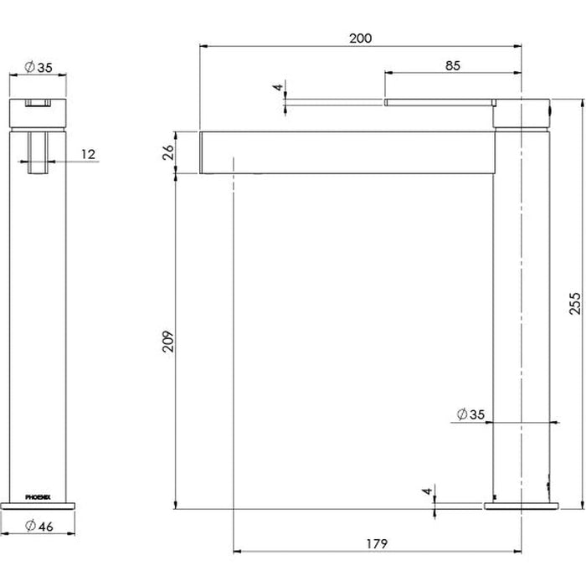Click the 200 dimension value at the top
point(360,39)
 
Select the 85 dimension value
point(452,66)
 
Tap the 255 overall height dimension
point(575,303)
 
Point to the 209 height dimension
point(167,342)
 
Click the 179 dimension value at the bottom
point(377,544)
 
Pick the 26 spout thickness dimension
point(167,152)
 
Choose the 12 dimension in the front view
point(88,154)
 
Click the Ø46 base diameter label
point(39,527)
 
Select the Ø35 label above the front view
point(39,67)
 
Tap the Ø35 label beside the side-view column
point(470,414)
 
